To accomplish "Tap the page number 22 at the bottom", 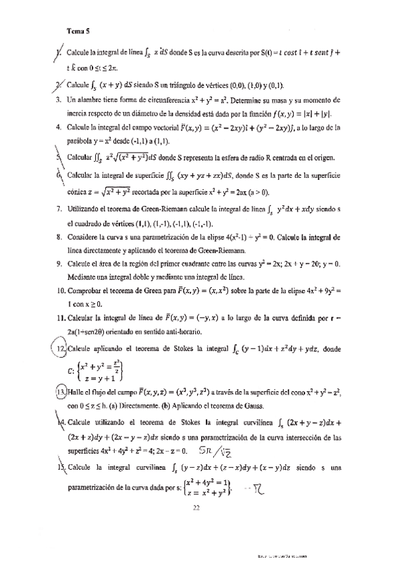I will (196, 508).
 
